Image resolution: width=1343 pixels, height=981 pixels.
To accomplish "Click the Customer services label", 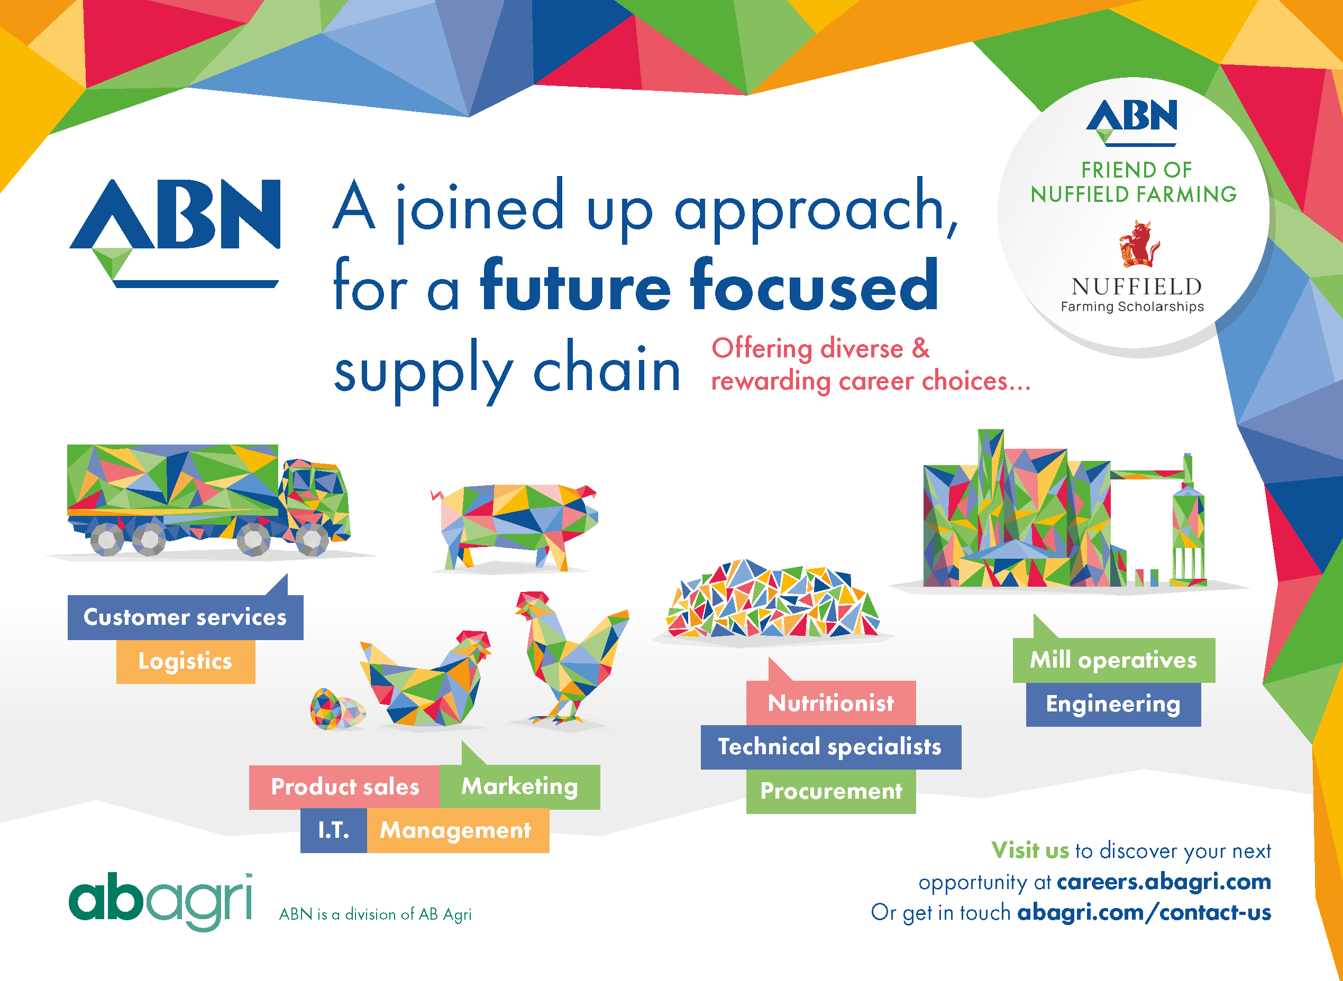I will click(185, 617).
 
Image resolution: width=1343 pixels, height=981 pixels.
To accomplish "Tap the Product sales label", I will click(345, 787).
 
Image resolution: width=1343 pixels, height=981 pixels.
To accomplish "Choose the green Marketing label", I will click(519, 787).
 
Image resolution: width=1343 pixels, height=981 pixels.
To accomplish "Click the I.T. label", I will click(333, 830).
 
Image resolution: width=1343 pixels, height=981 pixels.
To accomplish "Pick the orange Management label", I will click(456, 830).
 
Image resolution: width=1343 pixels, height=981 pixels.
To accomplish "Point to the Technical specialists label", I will click(830, 747).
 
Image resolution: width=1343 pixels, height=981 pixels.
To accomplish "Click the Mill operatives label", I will click(1113, 660).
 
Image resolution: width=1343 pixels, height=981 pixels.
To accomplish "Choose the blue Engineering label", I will click(1113, 704).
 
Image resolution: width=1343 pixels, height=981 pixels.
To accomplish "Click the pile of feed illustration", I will click(772, 600).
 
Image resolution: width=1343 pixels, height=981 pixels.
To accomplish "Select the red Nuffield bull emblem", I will click(1139, 244).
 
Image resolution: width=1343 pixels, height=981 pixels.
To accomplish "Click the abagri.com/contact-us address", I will click(1144, 912).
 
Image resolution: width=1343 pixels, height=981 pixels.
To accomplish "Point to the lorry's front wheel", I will click(311, 539).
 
